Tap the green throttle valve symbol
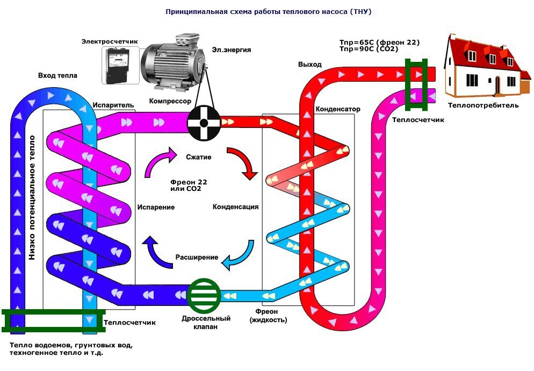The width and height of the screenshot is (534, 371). point(204,295)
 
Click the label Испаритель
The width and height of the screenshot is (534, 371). point(110,105)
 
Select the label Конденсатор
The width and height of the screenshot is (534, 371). point(338,109)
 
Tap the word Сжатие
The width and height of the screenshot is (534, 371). point(199,158)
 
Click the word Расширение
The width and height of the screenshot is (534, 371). point(197,257)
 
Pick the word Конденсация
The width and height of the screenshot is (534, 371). point(236,206)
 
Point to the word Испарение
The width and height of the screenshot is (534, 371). point(155,206)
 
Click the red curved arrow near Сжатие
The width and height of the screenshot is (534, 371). point(242,163)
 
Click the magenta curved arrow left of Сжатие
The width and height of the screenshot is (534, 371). point(160,162)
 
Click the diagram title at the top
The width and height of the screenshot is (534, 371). point(267,11)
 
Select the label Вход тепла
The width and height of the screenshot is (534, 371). point(57,76)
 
